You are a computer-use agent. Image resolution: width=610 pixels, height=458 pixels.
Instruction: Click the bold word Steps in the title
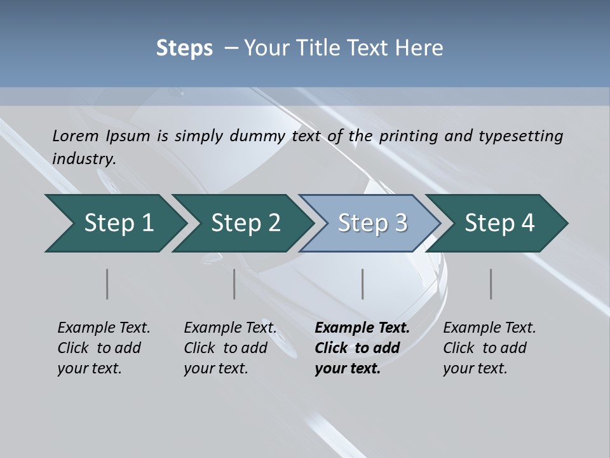pos(184,48)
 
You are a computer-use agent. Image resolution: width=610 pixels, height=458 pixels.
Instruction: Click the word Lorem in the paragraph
pos(75,135)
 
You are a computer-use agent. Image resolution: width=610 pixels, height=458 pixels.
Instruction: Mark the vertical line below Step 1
pos(107,284)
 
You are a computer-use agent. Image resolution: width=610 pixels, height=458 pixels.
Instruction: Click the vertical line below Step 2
pos(234,284)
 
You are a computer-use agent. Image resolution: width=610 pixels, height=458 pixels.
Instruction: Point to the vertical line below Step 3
pos(363,284)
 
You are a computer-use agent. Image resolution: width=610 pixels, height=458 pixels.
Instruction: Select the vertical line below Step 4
pos(491,284)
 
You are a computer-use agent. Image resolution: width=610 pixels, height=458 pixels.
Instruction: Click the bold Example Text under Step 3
pos(362,328)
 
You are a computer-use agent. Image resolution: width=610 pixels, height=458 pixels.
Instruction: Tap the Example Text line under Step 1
pos(104,328)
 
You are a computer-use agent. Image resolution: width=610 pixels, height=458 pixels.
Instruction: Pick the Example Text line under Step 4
pos(489,328)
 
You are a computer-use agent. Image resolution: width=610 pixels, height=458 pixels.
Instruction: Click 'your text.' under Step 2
pos(215,368)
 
